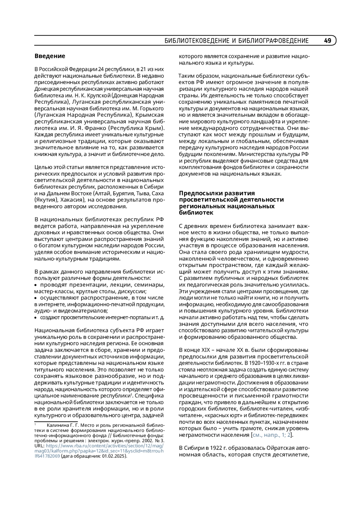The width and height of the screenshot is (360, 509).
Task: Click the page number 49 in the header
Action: coord(328,41)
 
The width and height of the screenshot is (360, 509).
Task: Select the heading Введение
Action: coord(50,56)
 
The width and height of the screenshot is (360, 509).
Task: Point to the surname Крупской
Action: coord(96,95)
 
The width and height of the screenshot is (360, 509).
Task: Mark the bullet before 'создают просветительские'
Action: coord(36,317)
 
